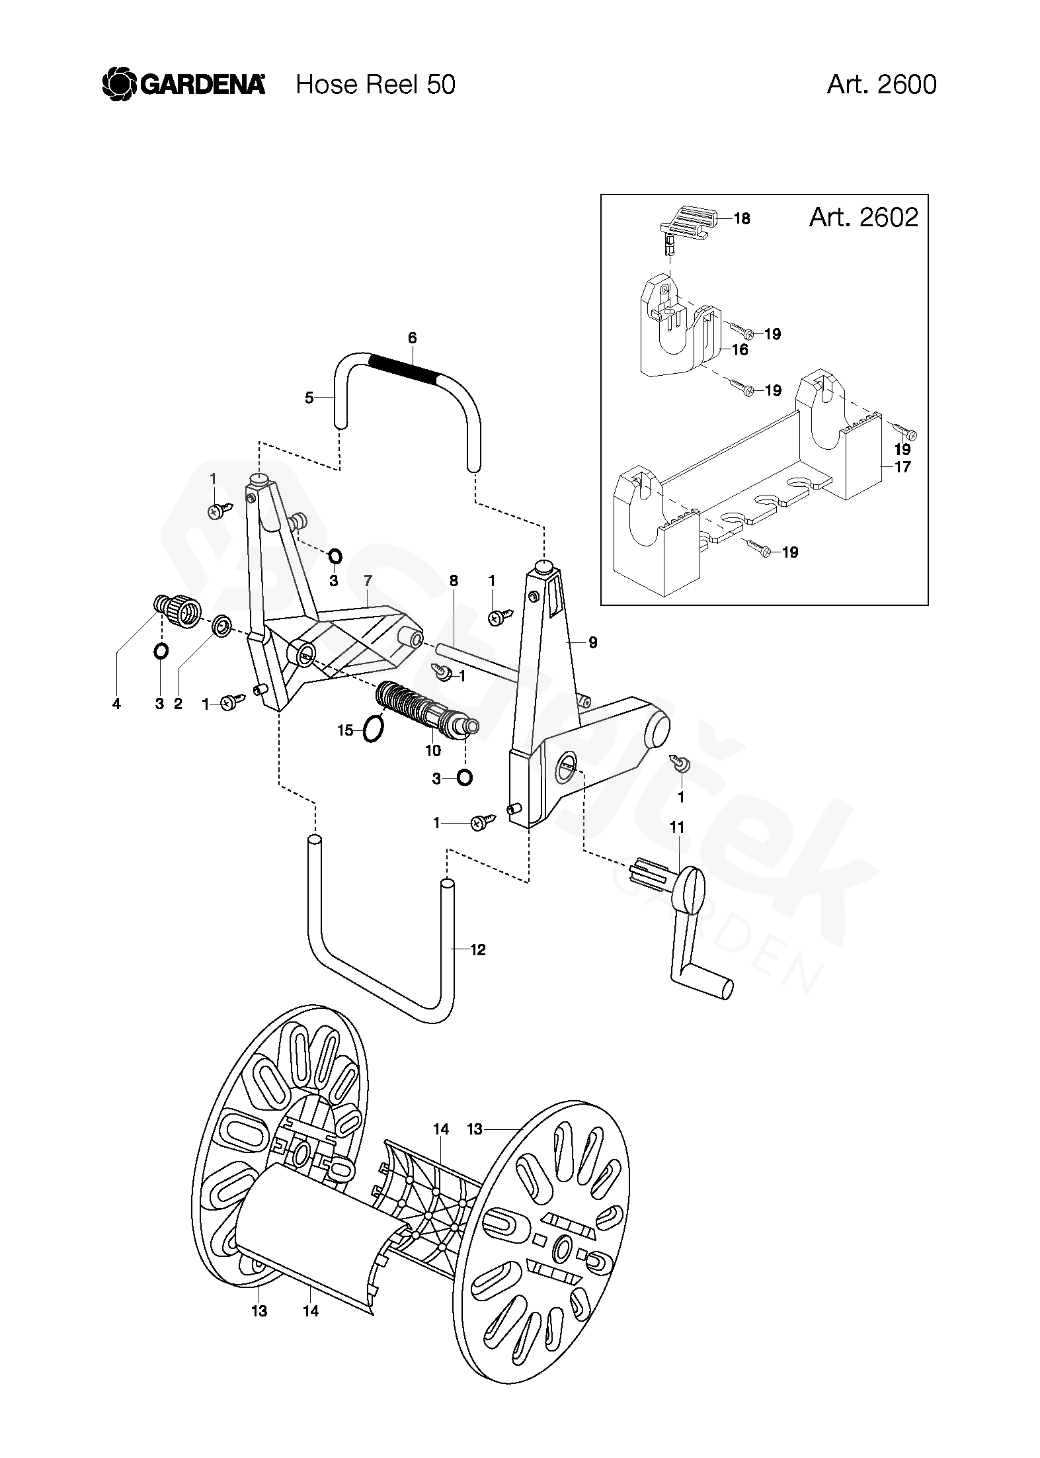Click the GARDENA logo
pos(184,85)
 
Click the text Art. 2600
pos(881,85)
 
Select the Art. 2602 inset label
pos(863,217)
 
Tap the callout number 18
pos(742,218)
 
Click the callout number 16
pos(740,349)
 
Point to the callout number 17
pos(902,466)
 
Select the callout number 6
pos(413,338)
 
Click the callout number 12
pos(478,950)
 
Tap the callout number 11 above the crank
pos(677,826)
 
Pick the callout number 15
pos(345,731)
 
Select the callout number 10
pos(433,750)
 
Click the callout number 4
pos(116,705)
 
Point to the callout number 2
pos(178,705)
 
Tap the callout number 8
pos(454,581)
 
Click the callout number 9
pos(592,642)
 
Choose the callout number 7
pos(368,580)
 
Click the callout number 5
pos(309,398)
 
